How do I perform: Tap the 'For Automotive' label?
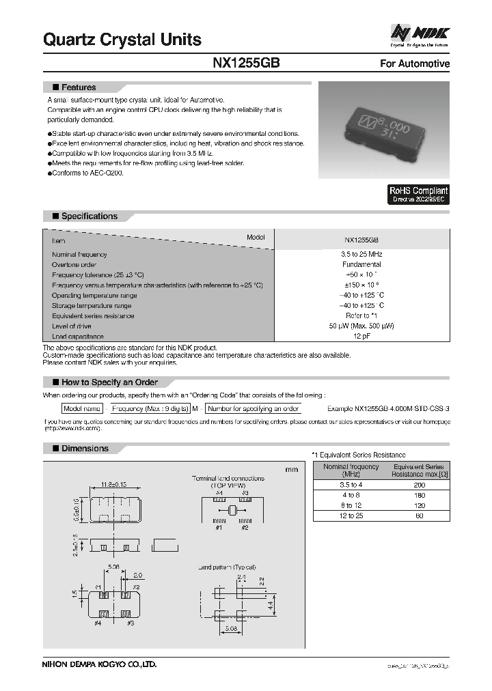click(414, 64)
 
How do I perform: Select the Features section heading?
click(78, 87)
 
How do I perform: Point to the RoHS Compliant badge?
click(418, 195)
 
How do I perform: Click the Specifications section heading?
click(89, 216)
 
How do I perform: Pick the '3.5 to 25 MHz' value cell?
click(361, 254)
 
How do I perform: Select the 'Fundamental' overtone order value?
click(361, 264)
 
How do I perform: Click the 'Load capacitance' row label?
click(78, 337)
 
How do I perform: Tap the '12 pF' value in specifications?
click(361, 337)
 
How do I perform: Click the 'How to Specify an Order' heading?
click(109, 382)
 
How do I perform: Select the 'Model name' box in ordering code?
click(82, 408)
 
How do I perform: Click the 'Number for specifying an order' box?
click(254, 408)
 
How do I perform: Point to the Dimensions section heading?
click(85, 449)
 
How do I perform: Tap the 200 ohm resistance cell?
click(419, 485)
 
